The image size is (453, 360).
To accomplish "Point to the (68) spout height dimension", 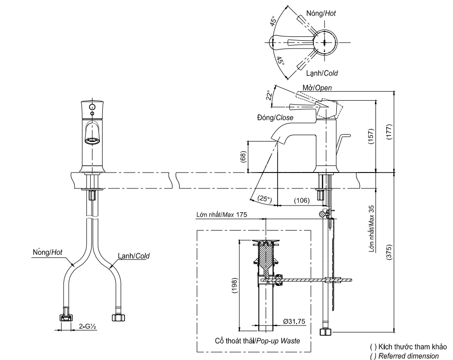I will click(x=243, y=157).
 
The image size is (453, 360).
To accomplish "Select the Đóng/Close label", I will click(x=275, y=118).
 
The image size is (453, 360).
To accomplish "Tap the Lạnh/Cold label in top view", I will click(x=322, y=73).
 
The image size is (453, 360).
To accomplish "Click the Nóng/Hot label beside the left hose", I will click(x=47, y=252).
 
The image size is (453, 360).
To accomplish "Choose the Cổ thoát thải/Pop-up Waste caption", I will click(x=257, y=341).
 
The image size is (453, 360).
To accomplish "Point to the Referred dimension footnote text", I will click(x=405, y=356).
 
